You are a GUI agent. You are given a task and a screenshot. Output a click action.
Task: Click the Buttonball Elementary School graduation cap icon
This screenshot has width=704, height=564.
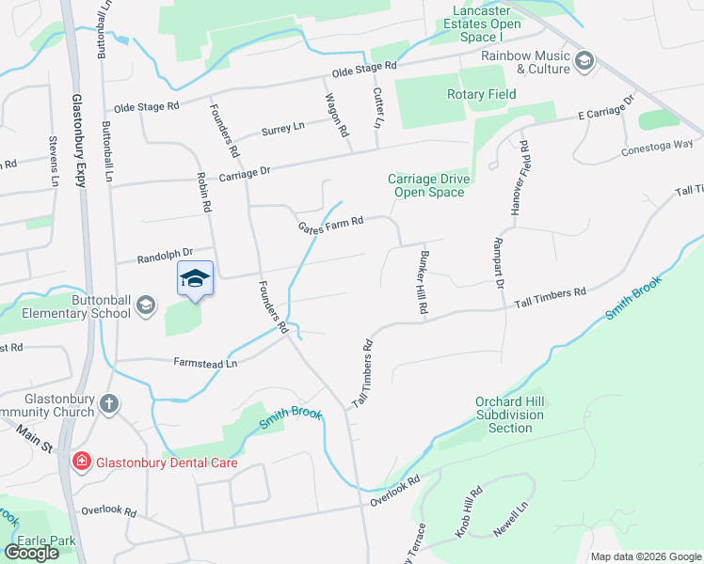pyautogui.click(x=145, y=304)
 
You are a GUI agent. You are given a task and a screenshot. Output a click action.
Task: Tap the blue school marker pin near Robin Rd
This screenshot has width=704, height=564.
pyautogui.click(x=196, y=279)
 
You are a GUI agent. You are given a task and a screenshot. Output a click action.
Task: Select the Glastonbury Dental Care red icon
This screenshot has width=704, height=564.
pyautogui.click(x=82, y=462)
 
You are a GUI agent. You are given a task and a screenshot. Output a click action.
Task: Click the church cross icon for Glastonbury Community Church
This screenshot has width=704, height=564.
pyautogui.click(x=110, y=403)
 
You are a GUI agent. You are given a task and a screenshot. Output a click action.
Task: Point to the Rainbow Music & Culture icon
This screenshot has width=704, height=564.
pyautogui.click(x=584, y=62)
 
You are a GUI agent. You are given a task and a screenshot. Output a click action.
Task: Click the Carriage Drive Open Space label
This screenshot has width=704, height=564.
pyautogui.click(x=426, y=185)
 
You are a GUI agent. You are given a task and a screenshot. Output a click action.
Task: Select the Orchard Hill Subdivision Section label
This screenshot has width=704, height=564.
pyautogui.click(x=510, y=415)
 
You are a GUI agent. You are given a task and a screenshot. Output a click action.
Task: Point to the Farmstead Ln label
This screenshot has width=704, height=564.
pyautogui.click(x=205, y=362)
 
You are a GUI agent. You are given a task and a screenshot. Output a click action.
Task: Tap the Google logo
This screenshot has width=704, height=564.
pyautogui.click(x=31, y=553)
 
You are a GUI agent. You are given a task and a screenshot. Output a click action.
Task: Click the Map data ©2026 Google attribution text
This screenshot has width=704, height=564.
pyautogui.click(x=645, y=556)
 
